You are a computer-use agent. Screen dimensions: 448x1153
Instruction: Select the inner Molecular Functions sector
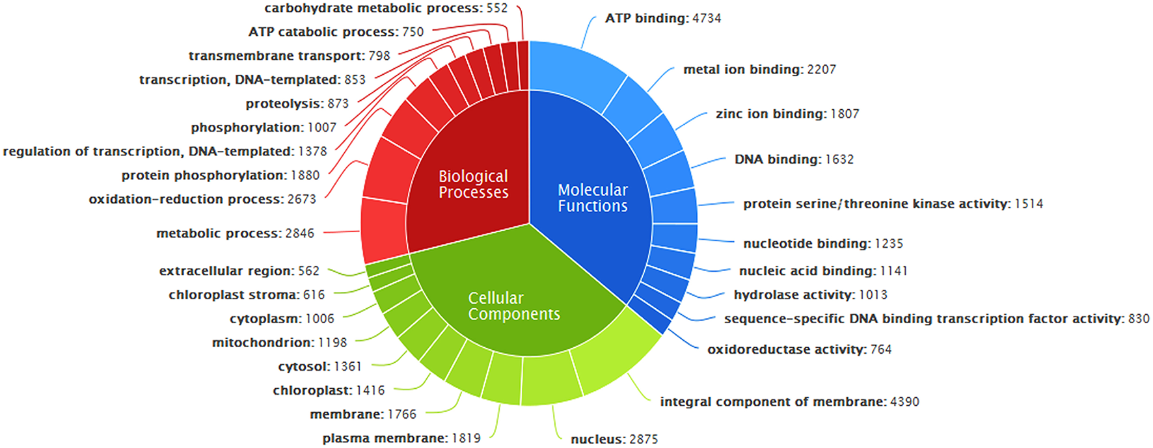tap(592, 198)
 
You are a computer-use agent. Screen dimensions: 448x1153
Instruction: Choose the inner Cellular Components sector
tap(513, 306)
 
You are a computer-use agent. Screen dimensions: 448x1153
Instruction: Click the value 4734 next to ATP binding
tap(707, 18)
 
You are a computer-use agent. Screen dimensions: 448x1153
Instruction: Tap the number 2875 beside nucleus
tap(644, 440)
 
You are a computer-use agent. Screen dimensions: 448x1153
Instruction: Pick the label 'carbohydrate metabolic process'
tap(372, 8)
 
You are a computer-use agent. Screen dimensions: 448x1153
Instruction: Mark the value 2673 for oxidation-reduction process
tap(301, 199)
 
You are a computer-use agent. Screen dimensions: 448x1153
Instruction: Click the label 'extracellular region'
tap(226, 270)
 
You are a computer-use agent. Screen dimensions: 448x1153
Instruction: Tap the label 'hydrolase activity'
tap(793, 295)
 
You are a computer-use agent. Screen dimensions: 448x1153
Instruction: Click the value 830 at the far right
tap(1139, 319)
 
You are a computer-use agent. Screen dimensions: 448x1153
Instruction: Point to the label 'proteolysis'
tap(283, 103)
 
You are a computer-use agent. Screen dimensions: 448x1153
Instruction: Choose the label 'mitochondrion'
tap(263, 342)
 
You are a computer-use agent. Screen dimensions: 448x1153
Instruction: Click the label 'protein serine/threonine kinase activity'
tap(876, 204)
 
